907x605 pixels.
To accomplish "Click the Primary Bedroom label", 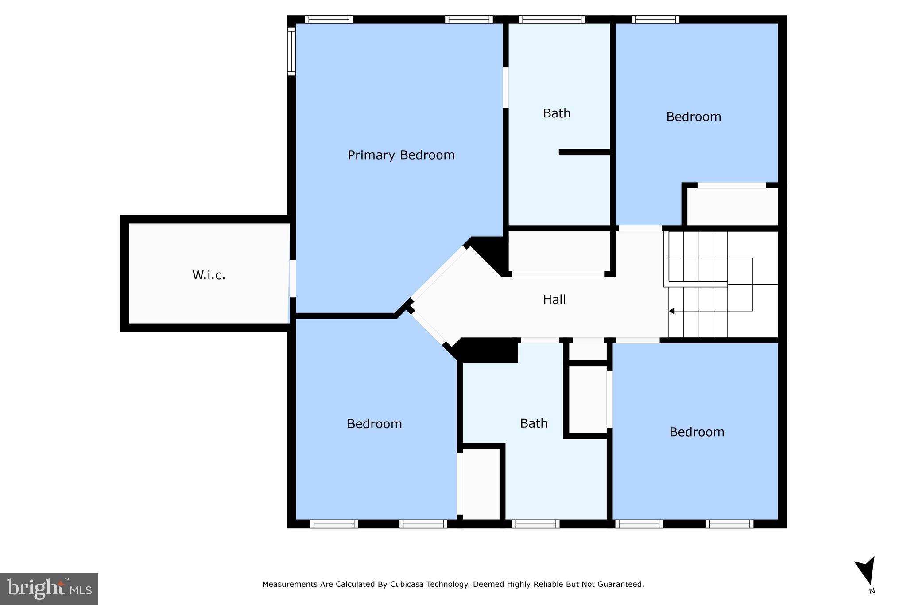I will point(401,155).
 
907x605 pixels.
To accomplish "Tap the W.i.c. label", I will point(209,275).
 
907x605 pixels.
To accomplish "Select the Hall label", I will point(554,300).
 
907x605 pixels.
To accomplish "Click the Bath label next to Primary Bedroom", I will point(557,113).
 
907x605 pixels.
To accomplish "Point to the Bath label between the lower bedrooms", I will point(534,424).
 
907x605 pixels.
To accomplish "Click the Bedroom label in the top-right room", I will point(694,117).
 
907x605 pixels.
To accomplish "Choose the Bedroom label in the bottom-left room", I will point(374,424).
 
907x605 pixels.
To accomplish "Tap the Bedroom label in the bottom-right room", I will point(697,432).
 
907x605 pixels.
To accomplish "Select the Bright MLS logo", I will point(49,589).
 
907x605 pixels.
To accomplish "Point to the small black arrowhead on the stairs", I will point(671,311).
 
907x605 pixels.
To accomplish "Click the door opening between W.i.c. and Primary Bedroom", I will point(292,278).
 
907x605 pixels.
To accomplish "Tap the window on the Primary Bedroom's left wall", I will point(291,51).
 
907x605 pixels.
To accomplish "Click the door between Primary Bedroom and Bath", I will point(505,87).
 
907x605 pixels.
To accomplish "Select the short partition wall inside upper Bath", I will point(584,152).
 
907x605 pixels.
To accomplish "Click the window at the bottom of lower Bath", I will point(535,524).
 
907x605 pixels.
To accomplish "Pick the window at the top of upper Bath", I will point(551,20).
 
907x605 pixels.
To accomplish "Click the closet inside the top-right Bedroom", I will point(732,207).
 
